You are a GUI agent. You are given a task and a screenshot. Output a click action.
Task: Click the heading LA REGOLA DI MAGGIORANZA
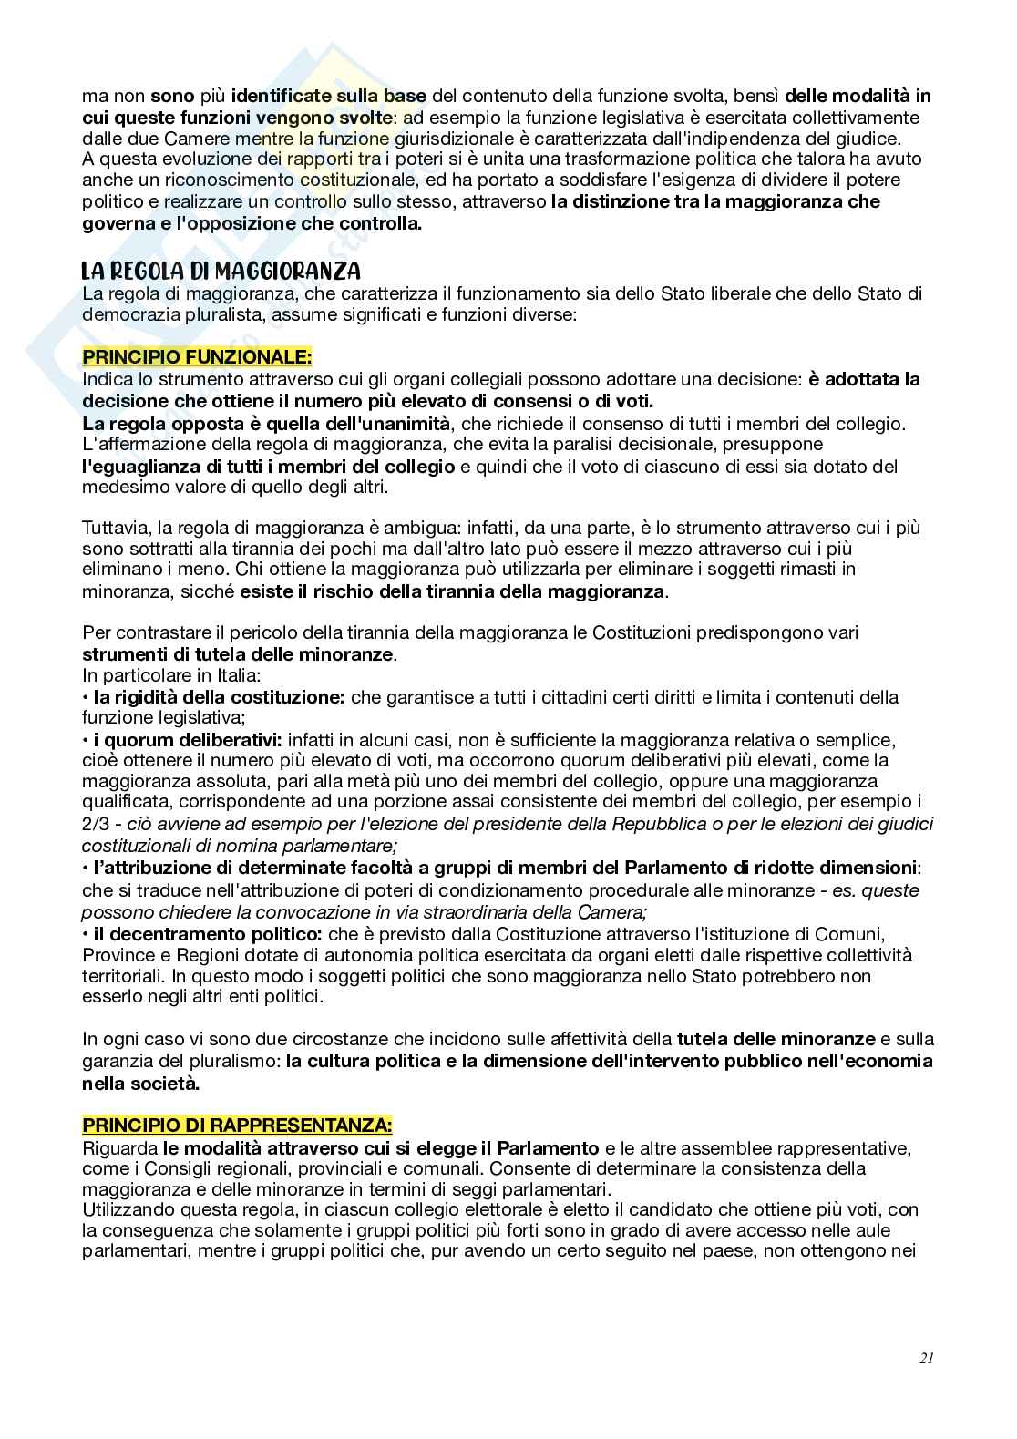pyautogui.click(x=221, y=271)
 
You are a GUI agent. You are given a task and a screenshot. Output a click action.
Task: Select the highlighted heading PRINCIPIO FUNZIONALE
pyautogui.click(x=197, y=356)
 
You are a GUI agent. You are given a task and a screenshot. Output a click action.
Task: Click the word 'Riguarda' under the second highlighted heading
pyautogui.click(x=120, y=1147)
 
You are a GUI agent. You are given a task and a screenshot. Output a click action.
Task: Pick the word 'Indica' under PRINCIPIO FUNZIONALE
pyautogui.click(x=106, y=378)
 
